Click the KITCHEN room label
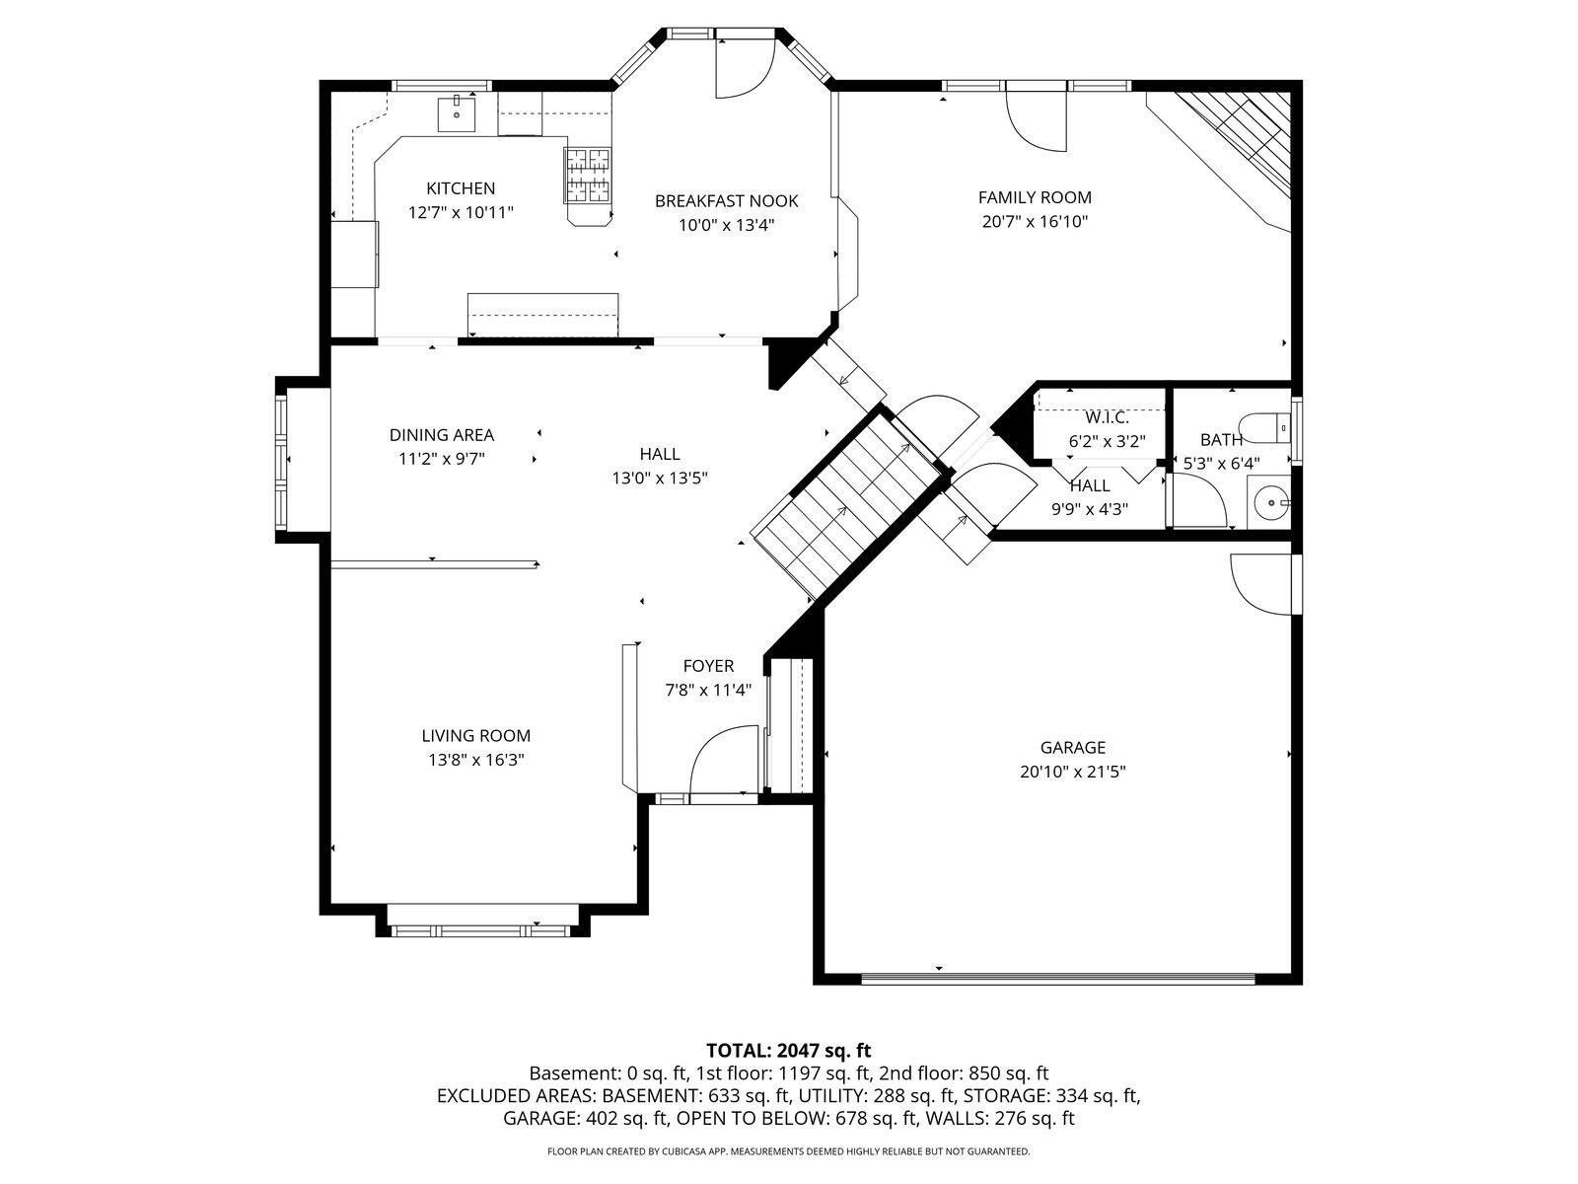[x=461, y=188]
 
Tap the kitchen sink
[x=457, y=115]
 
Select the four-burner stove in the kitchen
[x=588, y=175]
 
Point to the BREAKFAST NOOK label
[x=726, y=201]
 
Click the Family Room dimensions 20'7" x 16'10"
[x=1035, y=221]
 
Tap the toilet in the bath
[x=1266, y=428]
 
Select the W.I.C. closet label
[x=1107, y=417]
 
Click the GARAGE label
[x=1073, y=748]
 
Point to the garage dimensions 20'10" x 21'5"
[x=1073, y=773]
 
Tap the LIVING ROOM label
[x=476, y=735]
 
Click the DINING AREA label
[x=442, y=435]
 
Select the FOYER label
[x=708, y=666]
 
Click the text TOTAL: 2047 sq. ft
[x=789, y=1051]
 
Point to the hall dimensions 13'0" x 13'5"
[x=660, y=479]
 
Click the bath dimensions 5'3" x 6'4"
[x=1221, y=464]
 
